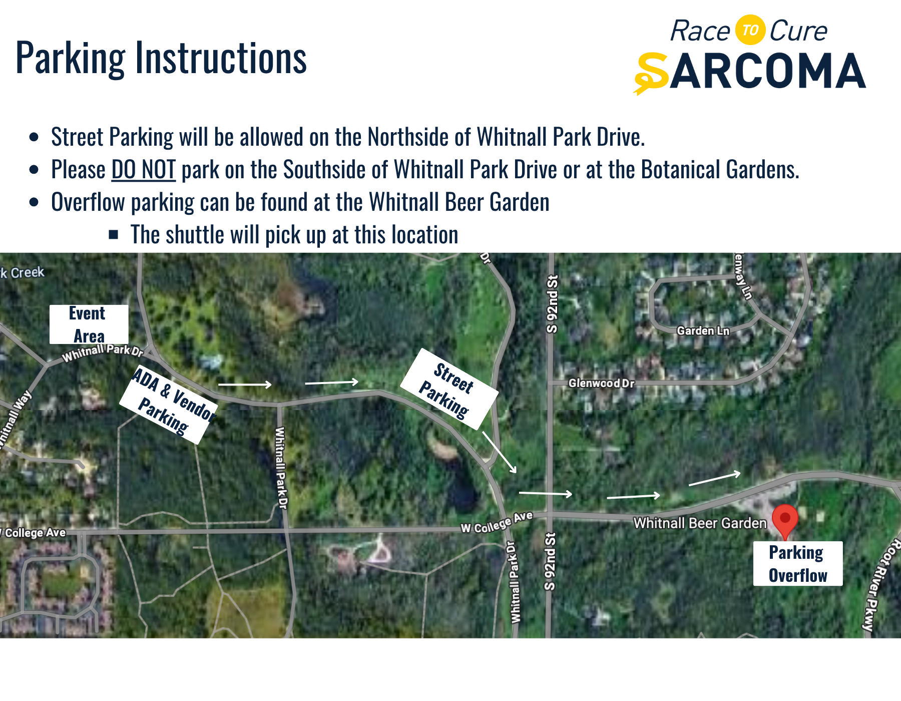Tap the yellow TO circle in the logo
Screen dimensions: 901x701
pos(750,30)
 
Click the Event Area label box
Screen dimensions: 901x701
pos(89,324)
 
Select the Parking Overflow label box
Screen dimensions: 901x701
pos(798,564)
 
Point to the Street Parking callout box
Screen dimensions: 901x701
pos(449,389)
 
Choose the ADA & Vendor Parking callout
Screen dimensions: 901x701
pos(169,404)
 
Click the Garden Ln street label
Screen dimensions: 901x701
pos(703,330)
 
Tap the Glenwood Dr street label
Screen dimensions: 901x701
pos(601,383)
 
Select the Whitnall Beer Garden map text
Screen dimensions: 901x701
pos(700,523)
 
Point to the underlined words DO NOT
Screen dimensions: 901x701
pos(143,169)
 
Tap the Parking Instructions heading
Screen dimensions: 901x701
pos(161,59)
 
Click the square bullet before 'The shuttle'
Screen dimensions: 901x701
pos(114,234)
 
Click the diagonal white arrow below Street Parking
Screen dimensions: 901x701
pos(500,452)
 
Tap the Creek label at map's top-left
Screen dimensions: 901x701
pos(28,272)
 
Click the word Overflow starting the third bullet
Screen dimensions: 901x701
pos(88,202)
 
